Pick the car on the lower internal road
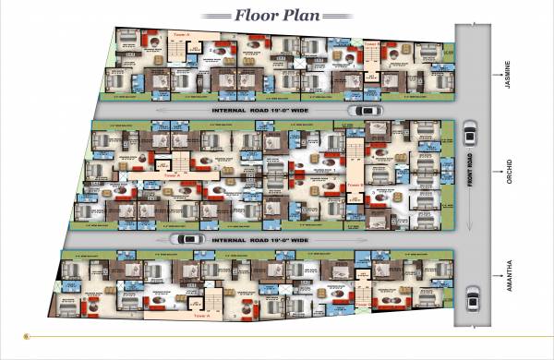point(190,239)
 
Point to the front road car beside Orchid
point(469,135)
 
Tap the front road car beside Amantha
point(472,297)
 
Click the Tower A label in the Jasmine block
point(182,34)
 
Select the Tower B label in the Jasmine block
point(370,42)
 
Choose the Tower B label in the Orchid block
point(355,185)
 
